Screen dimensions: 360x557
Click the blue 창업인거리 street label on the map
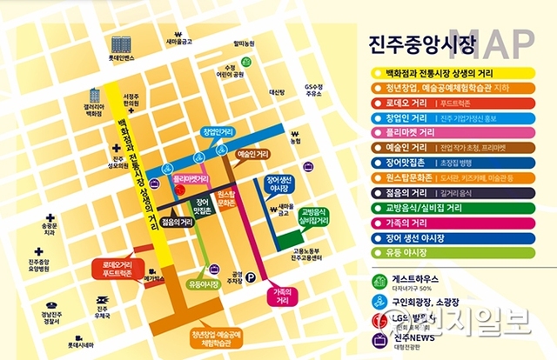(218, 132)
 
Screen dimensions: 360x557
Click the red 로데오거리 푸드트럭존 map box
(117, 267)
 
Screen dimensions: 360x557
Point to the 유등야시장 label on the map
(202, 283)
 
